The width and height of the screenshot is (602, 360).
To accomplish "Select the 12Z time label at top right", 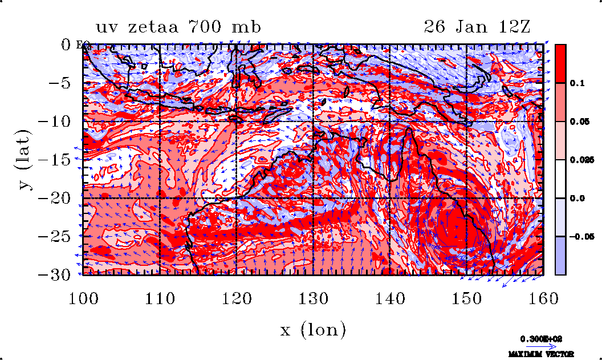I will point(515,27).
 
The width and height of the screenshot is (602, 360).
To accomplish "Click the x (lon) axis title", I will point(313,329).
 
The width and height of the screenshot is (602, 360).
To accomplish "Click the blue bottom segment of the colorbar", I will point(560,256).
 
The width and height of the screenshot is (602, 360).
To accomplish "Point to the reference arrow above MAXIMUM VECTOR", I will point(540,346).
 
